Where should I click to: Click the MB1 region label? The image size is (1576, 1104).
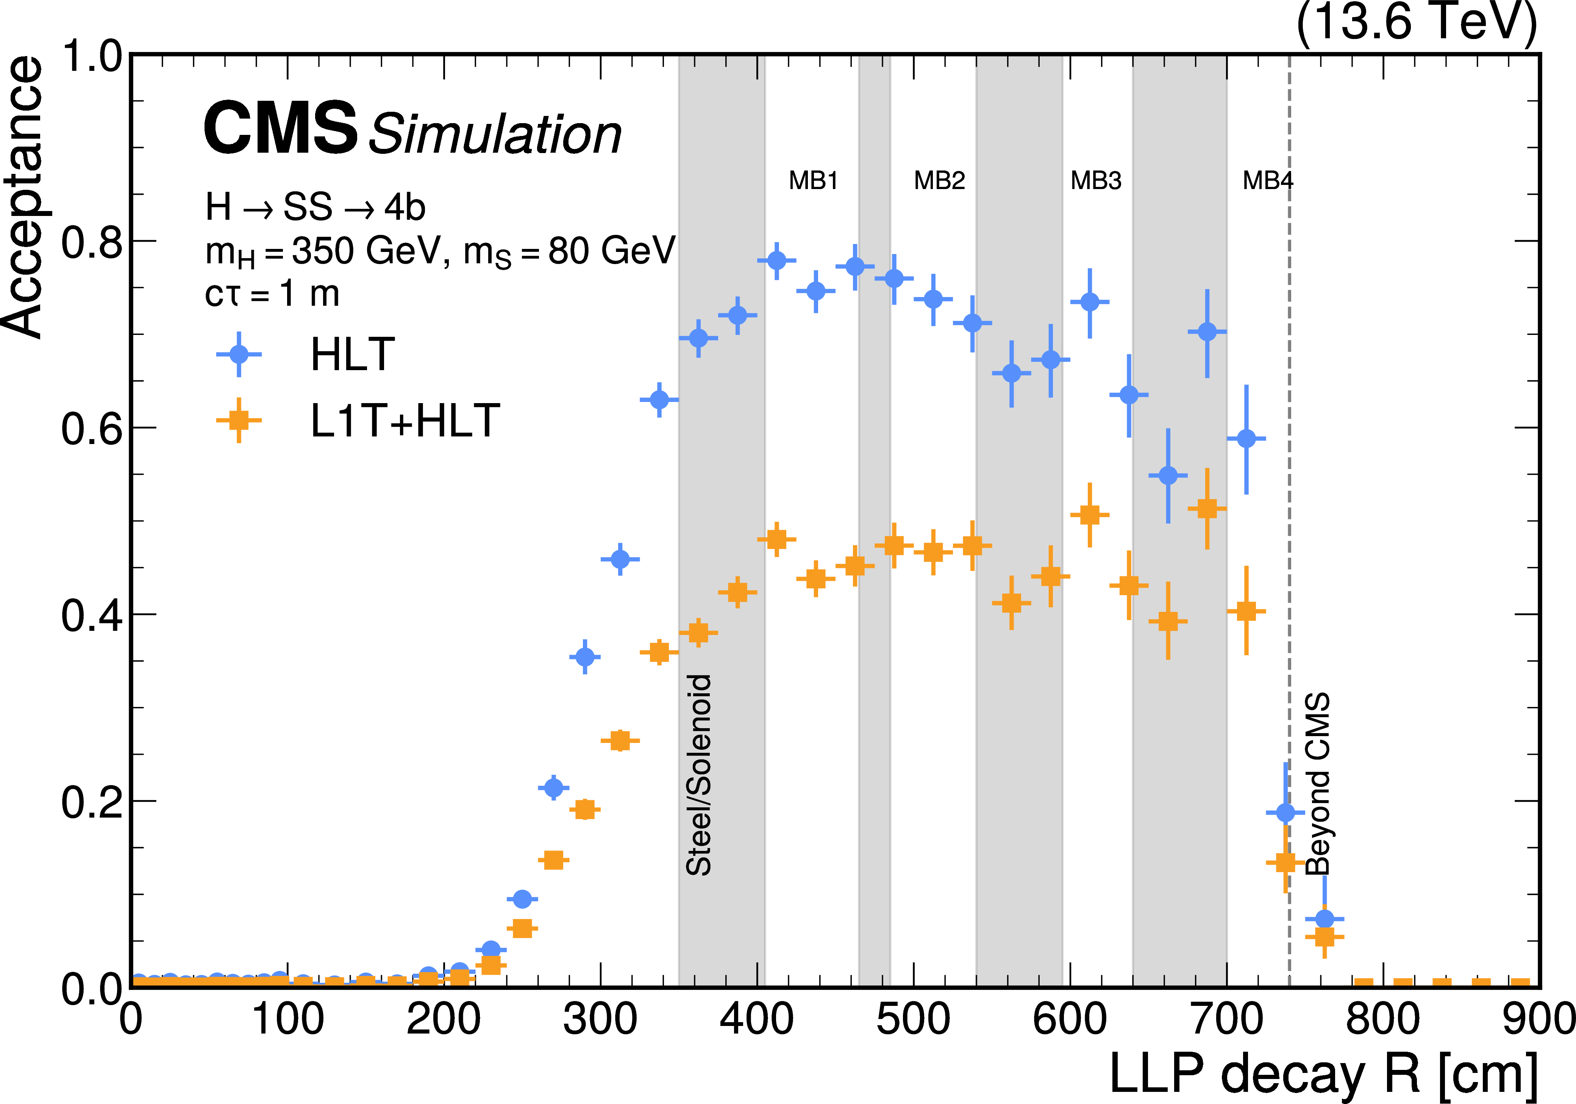click(x=814, y=181)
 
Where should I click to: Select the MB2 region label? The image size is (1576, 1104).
click(x=939, y=181)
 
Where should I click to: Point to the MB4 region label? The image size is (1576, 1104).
click(x=1267, y=181)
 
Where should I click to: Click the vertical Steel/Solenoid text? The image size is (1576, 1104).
click(x=699, y=774)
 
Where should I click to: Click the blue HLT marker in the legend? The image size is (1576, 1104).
click(x=239, y=354)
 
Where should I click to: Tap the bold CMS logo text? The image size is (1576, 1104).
click(x=280, y=128)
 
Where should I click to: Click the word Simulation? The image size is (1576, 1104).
click(x=495, y=134)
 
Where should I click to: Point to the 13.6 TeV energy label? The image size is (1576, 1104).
click(x=1416, y=22)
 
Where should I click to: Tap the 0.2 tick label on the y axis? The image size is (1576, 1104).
click(x=91, y=802)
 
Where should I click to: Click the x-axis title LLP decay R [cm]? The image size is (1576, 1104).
click(x=1323, y=1073)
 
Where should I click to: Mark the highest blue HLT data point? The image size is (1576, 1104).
click(x=776, y=261)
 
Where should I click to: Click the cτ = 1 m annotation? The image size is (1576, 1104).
click(x=272, y=294)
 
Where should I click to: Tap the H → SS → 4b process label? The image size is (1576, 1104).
click(x=315, y=206)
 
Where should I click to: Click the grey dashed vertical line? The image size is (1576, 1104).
click(x=1289, y=481)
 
